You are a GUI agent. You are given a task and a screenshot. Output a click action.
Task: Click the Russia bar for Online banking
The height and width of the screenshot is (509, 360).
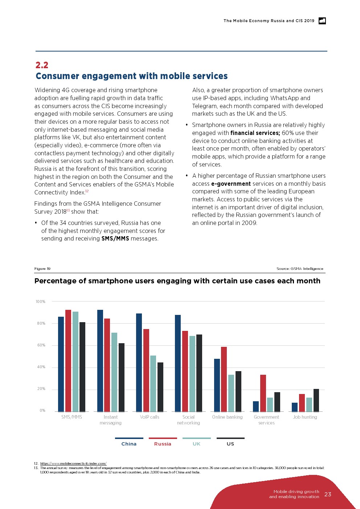click(224, 379)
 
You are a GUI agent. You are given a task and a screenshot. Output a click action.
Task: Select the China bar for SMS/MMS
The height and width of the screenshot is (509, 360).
click(61, 364)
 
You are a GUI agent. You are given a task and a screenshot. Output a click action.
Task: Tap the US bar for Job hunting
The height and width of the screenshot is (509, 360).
click(316, 400)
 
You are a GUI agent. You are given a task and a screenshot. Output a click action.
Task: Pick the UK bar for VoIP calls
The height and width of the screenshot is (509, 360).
click(153, 383)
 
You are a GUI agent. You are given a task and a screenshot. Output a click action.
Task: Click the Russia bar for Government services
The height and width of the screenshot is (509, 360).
click(263, 393)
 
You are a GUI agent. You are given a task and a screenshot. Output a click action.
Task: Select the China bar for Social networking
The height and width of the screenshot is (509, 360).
click(178, 363)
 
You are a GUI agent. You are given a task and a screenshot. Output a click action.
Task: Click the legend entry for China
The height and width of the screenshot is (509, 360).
click(129, 444)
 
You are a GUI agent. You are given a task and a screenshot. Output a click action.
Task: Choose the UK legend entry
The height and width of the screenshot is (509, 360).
click(196, 444)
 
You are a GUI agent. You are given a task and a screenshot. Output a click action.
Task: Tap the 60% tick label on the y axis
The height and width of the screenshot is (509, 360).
click(41, 345)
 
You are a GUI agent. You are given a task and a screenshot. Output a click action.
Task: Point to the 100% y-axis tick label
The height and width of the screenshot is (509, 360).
click(40, 301)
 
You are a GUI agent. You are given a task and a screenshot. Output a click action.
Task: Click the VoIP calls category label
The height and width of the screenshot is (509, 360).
click(150, 417)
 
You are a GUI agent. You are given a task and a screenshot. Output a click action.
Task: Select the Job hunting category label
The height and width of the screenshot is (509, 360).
click(305, 417)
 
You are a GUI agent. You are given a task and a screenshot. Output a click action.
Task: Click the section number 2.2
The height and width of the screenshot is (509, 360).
click(42, 65)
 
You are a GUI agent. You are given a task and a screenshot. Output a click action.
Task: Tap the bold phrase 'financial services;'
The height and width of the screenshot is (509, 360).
click(255, 133)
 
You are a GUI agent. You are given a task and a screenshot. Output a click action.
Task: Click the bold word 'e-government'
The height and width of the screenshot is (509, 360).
click(231, 184)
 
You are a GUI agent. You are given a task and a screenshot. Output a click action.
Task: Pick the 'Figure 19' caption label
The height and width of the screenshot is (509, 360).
click(42, 269)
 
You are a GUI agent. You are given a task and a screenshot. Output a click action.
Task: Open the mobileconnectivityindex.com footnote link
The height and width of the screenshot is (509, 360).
click(73, 464)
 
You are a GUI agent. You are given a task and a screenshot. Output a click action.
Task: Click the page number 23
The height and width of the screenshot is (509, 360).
click(328, 494)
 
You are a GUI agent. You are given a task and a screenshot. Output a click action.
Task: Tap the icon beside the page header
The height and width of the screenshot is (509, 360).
click(322, 21)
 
